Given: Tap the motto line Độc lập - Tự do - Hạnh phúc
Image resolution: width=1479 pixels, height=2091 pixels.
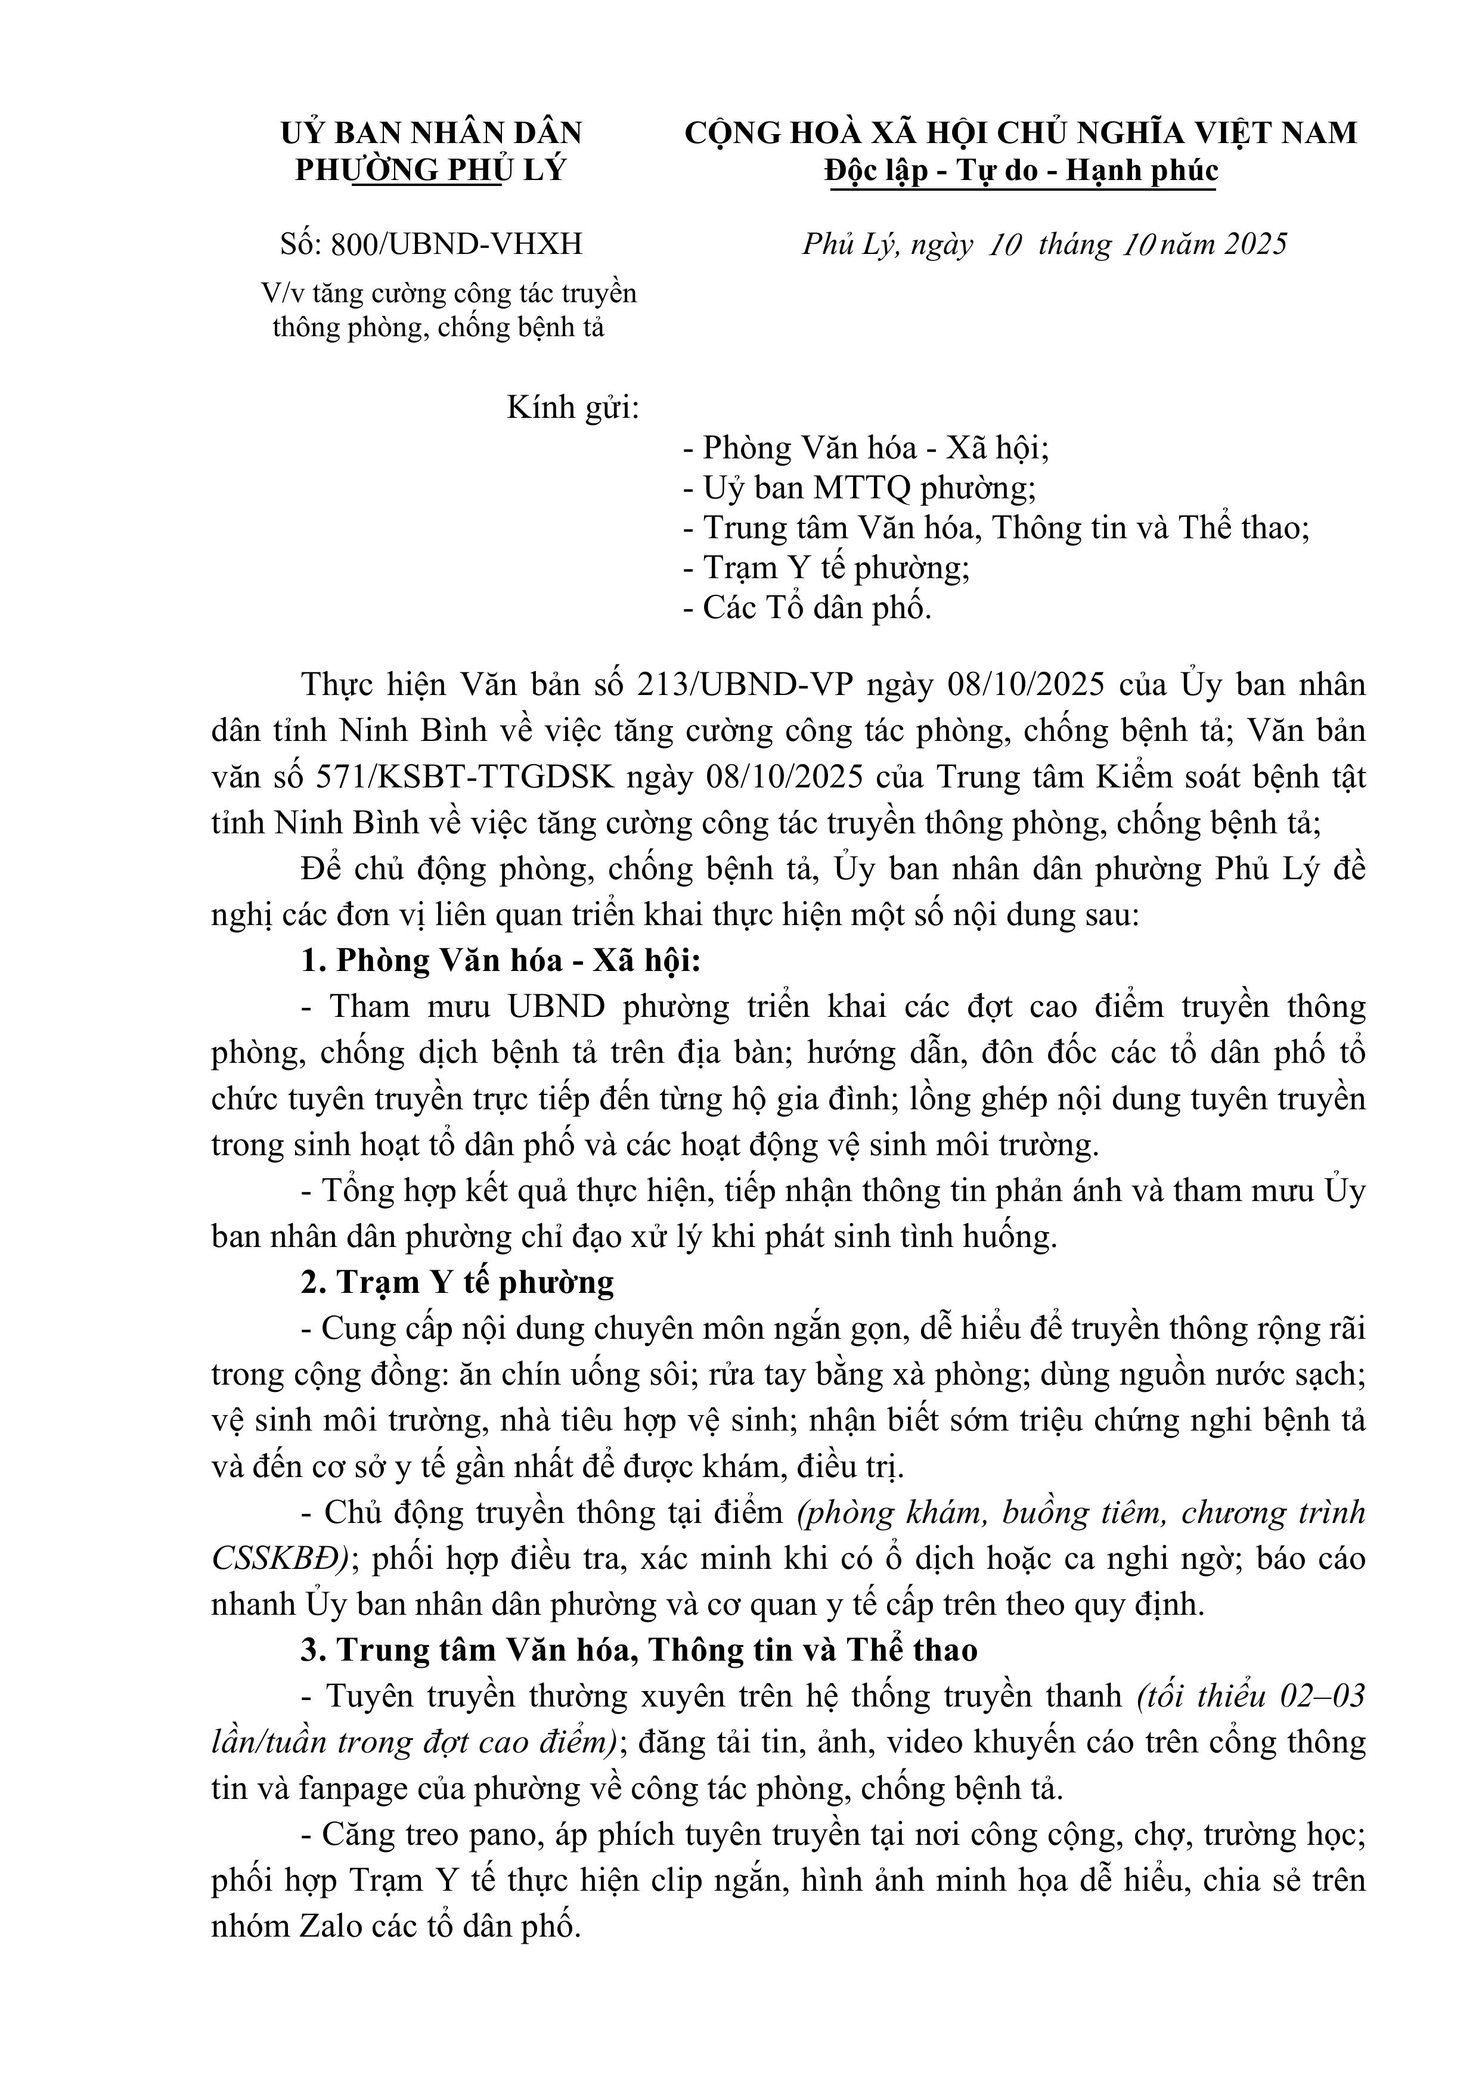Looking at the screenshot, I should tap(1021, 171).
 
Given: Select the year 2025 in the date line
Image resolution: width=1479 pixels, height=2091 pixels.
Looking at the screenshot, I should tap(1255, 244).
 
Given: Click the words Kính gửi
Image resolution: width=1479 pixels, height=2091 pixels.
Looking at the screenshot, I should tap(572, 407).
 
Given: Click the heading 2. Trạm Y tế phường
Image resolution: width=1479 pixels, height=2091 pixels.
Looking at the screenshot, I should tap(457, 1282).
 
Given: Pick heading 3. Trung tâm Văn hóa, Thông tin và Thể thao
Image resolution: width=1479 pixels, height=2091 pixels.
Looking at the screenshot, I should tap(639, 1651).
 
